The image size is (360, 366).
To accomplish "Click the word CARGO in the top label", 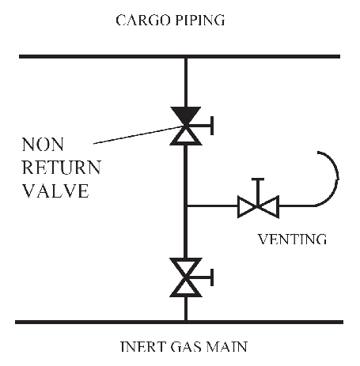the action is coord(142,21).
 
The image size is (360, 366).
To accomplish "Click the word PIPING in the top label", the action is coord(200,21).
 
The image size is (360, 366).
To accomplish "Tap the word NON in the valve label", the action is coord(43,145).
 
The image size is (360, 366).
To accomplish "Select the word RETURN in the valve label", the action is coord(62,167).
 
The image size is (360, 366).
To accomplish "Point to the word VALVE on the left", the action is coord(55,191).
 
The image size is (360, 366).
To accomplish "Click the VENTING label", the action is coord(292,240).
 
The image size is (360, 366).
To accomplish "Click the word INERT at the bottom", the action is coord(143,346).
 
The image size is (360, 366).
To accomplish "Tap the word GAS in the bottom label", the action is coord(187,346).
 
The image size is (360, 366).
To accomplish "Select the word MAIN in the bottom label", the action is coord(227,346).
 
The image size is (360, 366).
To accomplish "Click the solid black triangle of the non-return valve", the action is coord(186,115).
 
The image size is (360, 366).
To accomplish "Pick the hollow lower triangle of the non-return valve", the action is coord(186,137).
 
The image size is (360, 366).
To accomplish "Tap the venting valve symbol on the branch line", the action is coord(258,206).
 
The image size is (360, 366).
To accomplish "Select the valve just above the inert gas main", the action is coord(186,277).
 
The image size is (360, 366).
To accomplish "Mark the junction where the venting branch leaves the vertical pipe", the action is coord(186,206).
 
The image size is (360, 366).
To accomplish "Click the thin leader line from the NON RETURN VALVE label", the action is coord(138,135).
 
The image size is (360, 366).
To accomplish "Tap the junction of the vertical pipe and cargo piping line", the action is coord(186,57).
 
